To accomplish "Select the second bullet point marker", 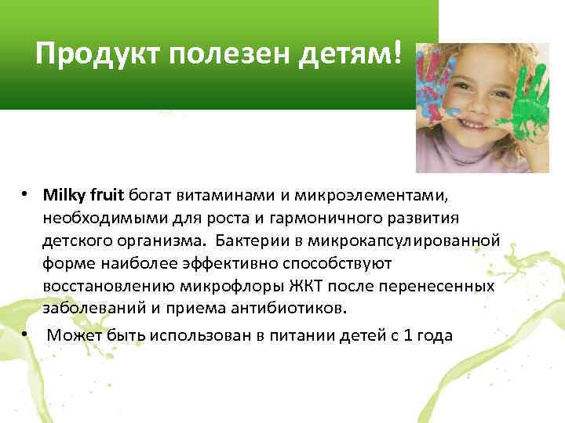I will click(26, 335).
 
